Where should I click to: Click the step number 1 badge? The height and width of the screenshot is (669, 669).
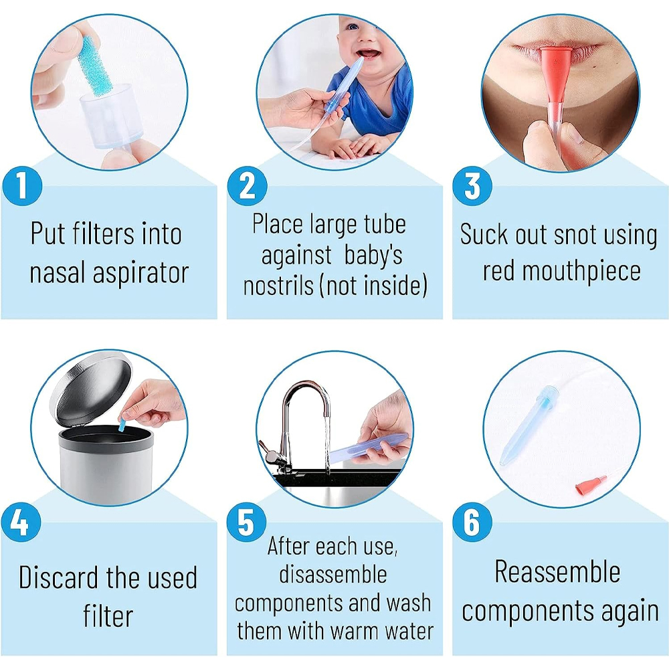[22, 186]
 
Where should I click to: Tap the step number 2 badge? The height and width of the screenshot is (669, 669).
[247, 186]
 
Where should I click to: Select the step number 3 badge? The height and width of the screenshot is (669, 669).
[472, 186]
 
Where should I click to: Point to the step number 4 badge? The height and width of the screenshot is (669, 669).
[21, 522]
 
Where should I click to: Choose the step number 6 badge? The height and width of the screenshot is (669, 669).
[472, 522]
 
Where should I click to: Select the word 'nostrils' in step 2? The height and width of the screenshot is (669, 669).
[278, 286]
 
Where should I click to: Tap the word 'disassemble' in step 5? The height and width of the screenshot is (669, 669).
[333, 574]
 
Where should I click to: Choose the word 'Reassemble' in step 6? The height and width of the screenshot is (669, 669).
[557, 571]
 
